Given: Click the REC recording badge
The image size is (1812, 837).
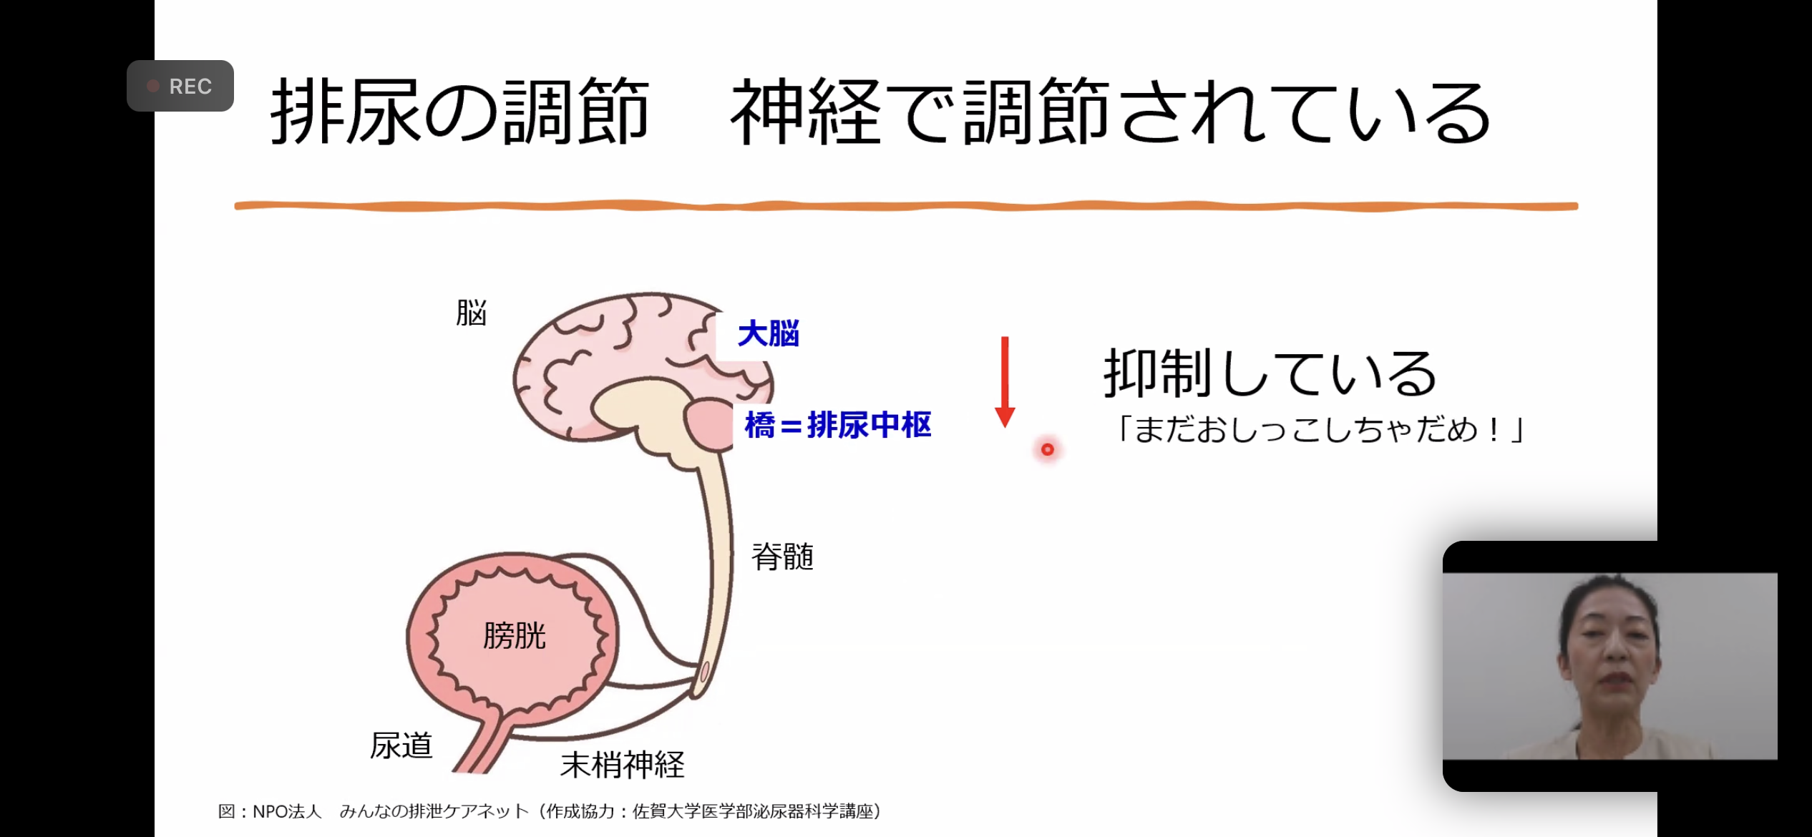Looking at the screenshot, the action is point(180,86).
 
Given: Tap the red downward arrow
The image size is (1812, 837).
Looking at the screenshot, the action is point(1005,382).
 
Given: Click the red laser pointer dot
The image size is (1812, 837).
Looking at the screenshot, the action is point(1048,449).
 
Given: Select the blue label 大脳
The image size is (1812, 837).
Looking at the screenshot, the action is point(769,334).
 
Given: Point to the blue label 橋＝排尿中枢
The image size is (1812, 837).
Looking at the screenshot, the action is point(838,425).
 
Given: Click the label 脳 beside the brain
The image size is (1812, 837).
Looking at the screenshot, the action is point(471,313).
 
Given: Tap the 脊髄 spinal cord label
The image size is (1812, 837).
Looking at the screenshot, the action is point(783,557).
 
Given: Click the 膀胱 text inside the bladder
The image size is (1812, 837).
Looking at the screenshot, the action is point(515,635).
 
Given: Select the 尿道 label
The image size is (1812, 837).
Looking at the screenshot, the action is point(401,745).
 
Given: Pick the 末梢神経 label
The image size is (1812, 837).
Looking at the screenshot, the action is point(623,765).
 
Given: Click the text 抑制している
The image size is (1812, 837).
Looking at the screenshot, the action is point(1270,373).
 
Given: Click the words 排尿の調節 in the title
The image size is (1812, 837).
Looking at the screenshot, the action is point(460,112).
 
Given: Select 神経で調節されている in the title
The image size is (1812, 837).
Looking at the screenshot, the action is point(1111,112).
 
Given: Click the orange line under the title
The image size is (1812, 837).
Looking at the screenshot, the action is point(906,206).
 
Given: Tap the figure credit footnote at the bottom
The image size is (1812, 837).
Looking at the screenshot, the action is point(550,811).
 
